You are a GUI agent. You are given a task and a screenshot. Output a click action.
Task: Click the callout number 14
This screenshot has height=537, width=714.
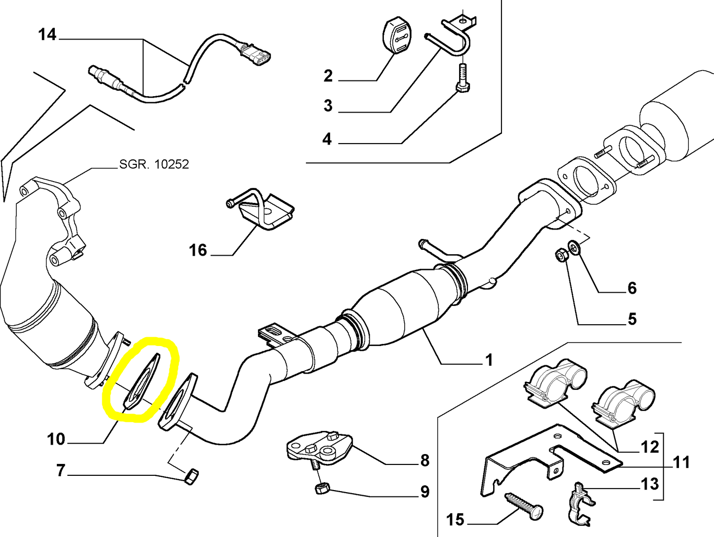pos(47,35)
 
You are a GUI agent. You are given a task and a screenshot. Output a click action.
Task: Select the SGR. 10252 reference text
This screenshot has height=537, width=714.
pos(154,164)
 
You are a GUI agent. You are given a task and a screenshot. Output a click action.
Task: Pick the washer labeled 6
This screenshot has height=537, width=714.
pos(574,246)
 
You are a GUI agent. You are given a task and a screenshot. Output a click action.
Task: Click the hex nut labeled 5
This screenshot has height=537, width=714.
pos(561,256)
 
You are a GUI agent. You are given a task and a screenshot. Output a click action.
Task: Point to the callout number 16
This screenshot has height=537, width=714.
pos(198,250)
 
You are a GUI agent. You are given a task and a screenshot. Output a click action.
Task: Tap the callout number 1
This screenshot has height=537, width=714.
pos(489,360)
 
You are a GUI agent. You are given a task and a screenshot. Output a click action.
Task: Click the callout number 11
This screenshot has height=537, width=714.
pos(681,462)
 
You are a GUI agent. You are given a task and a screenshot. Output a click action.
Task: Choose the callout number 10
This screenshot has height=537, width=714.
pos(56,439)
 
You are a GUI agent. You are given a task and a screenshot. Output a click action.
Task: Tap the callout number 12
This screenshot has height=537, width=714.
pos(649,447)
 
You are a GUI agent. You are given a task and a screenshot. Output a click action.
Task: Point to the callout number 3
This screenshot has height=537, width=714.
pos(328,105)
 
